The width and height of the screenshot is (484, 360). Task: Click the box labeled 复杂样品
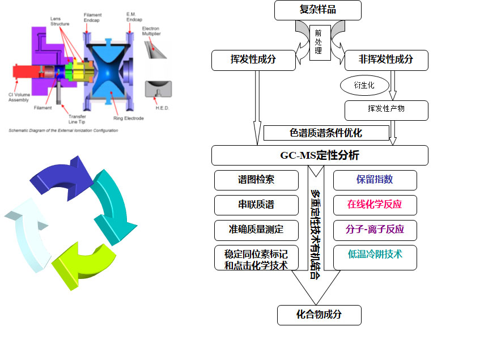(x=317, y=10)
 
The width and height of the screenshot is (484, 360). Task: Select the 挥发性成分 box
(x=253, y=60)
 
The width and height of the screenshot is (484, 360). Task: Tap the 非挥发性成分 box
(x=386, y=60)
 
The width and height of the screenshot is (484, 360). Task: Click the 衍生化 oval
(x=365, y=86)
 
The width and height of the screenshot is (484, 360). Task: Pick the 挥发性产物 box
(x=387, y=110)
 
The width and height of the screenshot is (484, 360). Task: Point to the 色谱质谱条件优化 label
(x=326, y=133)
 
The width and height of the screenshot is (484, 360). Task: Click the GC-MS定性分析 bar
(x=320, y=155)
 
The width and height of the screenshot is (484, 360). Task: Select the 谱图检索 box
(x=256, y=180)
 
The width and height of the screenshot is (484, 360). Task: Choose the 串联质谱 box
(x=256, y=205)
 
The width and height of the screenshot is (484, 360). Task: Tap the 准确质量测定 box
(x=256, y=230)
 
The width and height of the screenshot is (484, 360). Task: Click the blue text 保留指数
(x=375, y=180)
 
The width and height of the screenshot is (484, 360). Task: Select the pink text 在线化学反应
(x=375, y=205)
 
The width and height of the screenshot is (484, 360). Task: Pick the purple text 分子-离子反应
(x=375, y=230)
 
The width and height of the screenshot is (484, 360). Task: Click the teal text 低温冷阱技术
(x=375, y=255)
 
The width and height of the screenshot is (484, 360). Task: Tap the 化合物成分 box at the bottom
(x=319, y=315)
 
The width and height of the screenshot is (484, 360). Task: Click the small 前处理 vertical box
(x=319, y=41)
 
